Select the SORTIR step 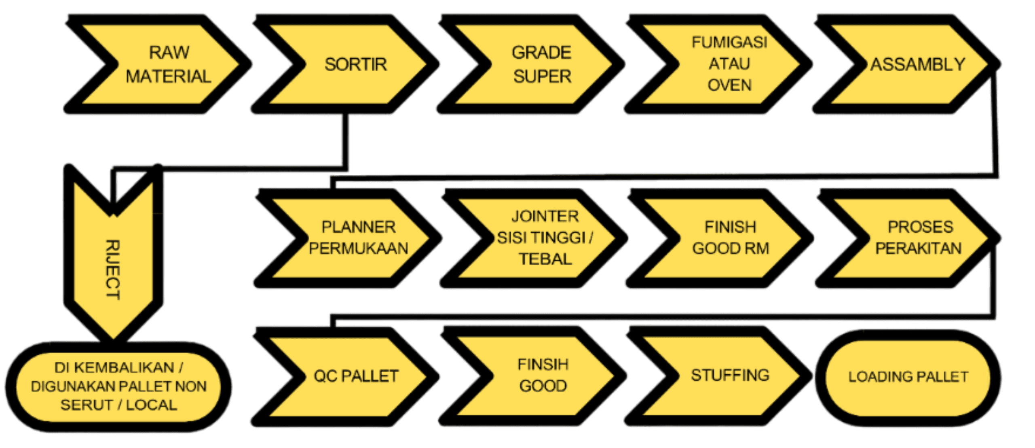[x=352, y=64]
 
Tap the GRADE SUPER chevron [x=538, y=64]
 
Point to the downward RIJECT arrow [x=113, y=259]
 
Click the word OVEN [x=729, y=85]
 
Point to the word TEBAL [x=545, y=259]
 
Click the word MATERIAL [x=169, y=76]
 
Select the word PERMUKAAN [x=359, y=248]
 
